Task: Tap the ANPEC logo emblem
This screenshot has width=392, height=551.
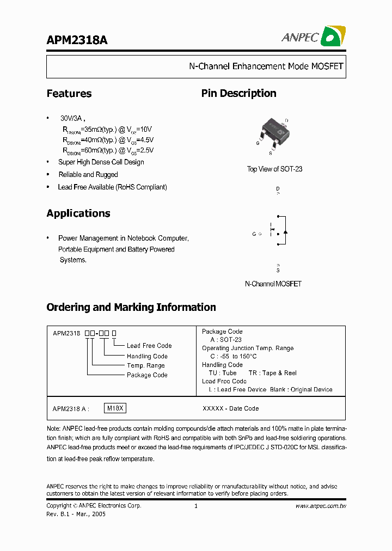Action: click(x=333, y=36)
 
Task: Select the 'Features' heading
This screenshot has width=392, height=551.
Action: click(x=69, y=94)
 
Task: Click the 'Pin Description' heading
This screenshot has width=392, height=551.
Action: click(x=238, y=94)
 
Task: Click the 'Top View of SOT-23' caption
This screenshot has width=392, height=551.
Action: click(x=274, y=169)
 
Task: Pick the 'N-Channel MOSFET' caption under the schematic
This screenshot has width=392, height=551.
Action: click(x=273, y=284)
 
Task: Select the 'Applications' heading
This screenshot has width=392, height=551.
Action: click(x=78, y=213)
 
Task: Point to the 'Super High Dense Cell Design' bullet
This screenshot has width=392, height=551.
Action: click(x=101, y=162)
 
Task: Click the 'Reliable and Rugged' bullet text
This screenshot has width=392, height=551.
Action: click(x=88, y=175)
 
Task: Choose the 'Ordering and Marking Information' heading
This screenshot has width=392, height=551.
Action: click(x=131, y=307)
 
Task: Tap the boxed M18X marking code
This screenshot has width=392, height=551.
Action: click(x=115, y=408)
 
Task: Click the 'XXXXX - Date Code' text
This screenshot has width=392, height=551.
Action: click(x=230, y=408)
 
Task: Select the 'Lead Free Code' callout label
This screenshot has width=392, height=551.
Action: click(x=149, y=346)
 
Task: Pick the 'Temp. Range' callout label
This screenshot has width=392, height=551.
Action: click(x=146, y=365)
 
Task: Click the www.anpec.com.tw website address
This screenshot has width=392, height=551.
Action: click(x=321, y=506)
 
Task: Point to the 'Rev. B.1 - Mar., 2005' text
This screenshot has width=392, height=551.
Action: click(x=76, y=513)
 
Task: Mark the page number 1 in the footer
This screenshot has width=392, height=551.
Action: click(x=195, y=506)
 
